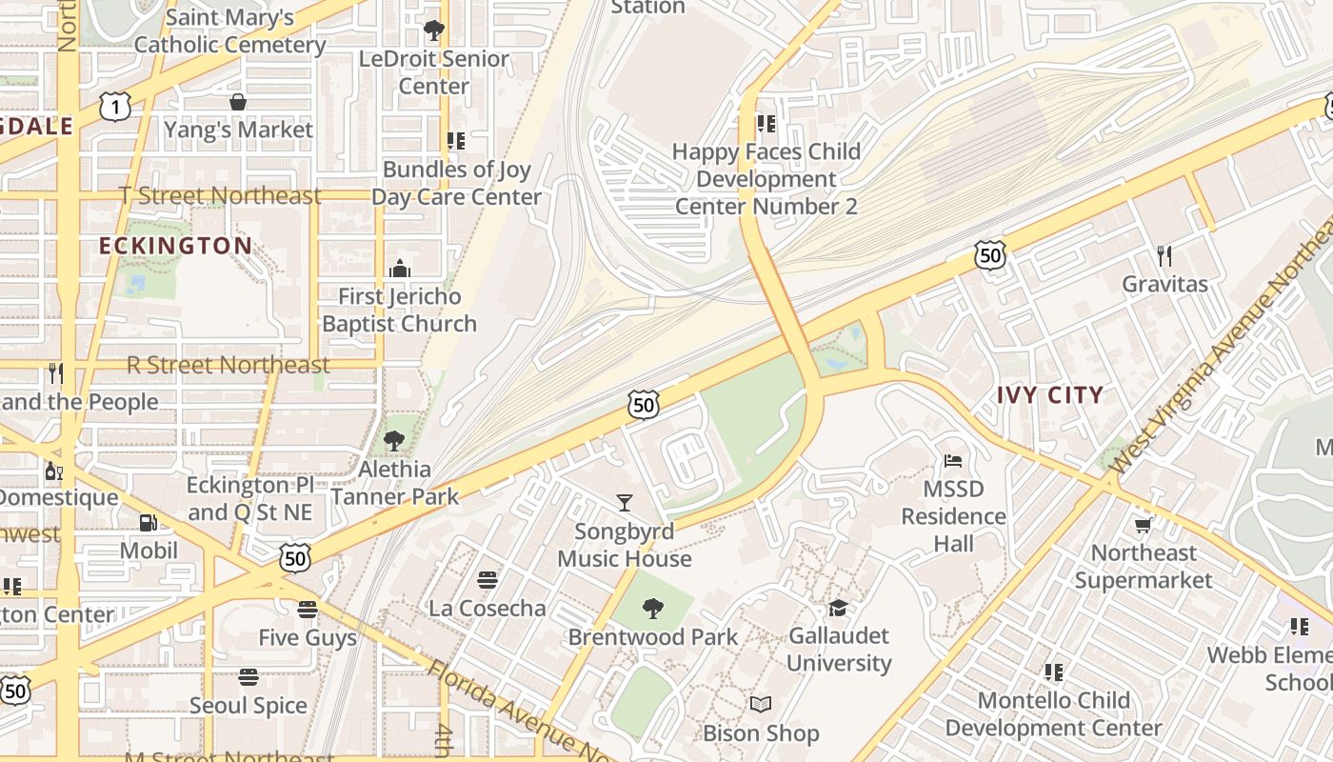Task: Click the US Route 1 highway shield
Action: tap(115, 108)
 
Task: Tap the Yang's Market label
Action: tap(238, 130)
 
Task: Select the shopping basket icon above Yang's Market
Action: tap(237, 101)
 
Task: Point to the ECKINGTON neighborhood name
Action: tap(176, 246)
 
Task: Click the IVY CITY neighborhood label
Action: tap(1050, 394)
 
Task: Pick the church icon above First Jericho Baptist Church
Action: tap(400, 269)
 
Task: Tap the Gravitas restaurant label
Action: tap(1164, 284)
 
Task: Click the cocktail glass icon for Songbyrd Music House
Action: tap(625, 502)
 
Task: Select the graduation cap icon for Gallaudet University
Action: tap(838, 608)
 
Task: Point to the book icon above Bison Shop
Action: tap(760, 705)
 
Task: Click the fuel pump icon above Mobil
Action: tap(149, 522)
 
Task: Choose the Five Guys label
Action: tap(308, 637)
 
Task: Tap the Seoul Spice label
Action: tap(248, 706)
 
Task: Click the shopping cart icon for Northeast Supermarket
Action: tap(1144, 525)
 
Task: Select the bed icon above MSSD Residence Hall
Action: tap(953, 461)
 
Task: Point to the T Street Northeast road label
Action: tap(220, 195)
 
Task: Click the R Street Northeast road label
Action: tap(229, 365)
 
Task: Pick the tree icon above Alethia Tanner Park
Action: tap(393, 441)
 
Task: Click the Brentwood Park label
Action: tap(653, 637)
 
